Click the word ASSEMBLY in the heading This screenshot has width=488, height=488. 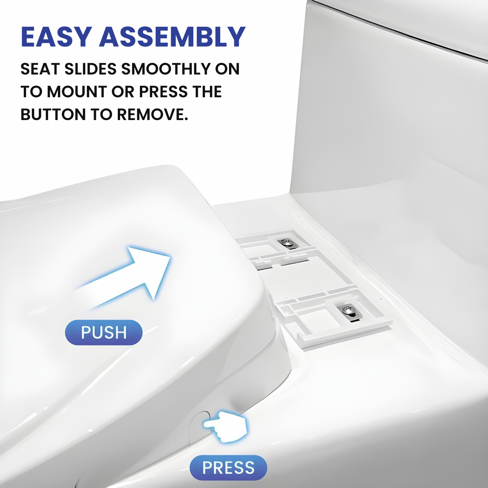pos(172,37)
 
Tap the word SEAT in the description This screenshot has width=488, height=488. pos(40,69)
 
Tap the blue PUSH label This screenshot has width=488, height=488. pos(104,332)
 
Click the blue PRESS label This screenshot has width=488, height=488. pos(228,468)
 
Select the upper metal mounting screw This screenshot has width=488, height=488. pos(287,243)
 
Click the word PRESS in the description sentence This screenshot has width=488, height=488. pos(164,92)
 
